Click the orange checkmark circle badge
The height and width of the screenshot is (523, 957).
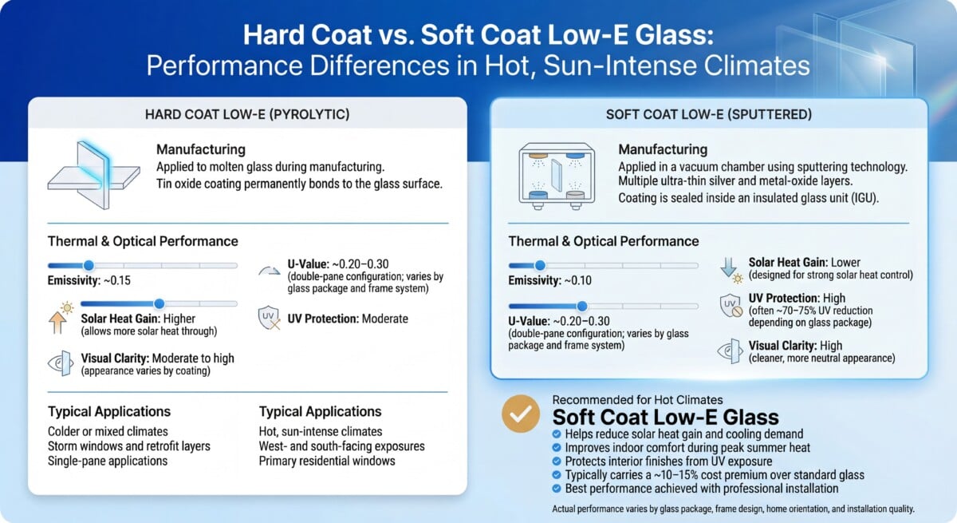click(x=520, y=414)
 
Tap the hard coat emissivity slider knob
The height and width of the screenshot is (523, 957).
click(x=89, y=266)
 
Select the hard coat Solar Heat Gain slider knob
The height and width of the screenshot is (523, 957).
click(x=159, y=303)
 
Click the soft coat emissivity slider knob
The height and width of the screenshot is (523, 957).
click(x=540, y=266)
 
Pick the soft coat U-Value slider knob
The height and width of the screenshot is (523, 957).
click(x=581, y=306)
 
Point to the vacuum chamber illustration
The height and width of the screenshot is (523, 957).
click(x=557, y=176)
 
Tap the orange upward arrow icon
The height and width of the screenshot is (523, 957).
click(x=57, y=322)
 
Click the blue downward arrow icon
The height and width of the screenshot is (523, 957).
click(x=728, y=267)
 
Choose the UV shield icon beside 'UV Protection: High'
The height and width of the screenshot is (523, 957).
click(x=731, y=305)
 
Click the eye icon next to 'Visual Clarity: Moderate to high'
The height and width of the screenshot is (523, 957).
click(x=61, y=363)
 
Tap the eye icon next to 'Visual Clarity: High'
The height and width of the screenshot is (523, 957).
click(x=731, y=351)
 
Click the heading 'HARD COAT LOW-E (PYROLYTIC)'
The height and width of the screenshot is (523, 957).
click(x=247, y=115)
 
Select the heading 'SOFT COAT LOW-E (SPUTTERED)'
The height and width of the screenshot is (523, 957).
click(x=709, y=115)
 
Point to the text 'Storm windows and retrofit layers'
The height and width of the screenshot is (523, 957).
click(x=129, y=446)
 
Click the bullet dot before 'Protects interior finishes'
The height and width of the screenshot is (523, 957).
click(x=557, y=462)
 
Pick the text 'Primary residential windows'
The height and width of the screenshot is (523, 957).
click(x=327, y=461)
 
